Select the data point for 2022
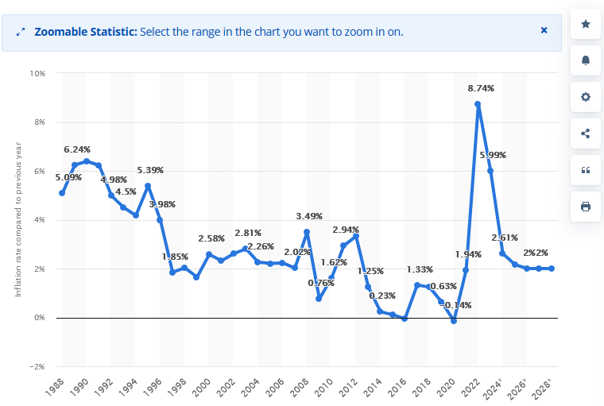[x=478, y=104]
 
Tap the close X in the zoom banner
[x=544, y=30]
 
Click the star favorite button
[x=586, y=24]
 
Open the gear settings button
[x=586, y=97]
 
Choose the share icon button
[x=586, y=133]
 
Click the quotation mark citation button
[x=586, y=170]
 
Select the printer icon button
[x=586, y=207]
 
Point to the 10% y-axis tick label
[x=37, y=73]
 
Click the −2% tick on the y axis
[x=37, y=366]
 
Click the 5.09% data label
[x=68, y=177]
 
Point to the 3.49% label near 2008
[x=309, y=216]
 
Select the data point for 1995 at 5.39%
[x=148, y=186]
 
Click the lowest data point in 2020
[x=454, y=320]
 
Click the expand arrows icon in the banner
[x=21, y=32]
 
